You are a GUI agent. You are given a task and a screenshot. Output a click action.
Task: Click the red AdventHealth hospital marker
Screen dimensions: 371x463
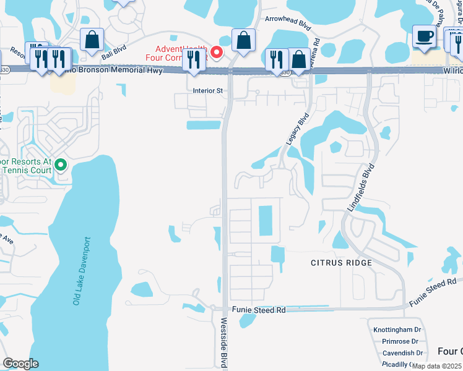pos(216,52)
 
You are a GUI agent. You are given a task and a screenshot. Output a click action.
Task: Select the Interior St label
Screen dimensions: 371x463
pos(207,90)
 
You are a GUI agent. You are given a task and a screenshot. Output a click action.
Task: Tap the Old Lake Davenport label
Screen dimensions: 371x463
pos(81,270)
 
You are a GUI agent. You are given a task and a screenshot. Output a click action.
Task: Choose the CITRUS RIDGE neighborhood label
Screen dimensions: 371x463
pos(341,263)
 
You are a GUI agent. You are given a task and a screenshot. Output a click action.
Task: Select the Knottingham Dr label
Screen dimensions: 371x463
pos(397,330)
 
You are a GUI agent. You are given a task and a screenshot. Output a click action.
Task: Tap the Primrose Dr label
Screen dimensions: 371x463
pos(400,341)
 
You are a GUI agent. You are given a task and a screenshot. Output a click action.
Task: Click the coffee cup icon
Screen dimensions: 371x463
pos(425,36)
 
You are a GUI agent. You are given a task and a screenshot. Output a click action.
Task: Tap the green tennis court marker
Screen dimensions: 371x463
pos(61,164)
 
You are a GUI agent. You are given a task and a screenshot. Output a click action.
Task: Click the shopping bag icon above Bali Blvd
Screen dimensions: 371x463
pos(92,41)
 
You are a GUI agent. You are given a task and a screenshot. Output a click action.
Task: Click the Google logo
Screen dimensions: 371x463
pos(20,364)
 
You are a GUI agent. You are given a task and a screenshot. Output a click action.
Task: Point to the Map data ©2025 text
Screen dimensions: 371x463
pos(436,365)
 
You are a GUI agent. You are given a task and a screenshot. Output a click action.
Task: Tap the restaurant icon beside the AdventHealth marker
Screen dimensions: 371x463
pos(194,61)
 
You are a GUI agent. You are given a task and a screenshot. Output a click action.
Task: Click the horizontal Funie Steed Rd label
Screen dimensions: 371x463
pos(259,310)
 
